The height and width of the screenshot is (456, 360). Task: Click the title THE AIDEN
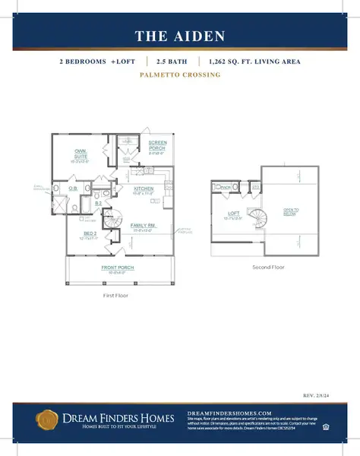tap(179, 36)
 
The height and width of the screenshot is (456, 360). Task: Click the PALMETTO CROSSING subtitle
tap(179, 75)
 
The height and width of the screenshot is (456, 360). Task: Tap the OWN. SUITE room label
tap(80, 154)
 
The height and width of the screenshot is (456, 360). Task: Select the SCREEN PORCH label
tap(157, 145)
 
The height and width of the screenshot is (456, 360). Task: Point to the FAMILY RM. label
tap(143, 225)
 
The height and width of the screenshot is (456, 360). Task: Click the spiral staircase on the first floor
tap(116, 213)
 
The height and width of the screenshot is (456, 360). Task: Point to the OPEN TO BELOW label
tap(290, 213)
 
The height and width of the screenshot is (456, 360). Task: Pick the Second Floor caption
tap(267, 268)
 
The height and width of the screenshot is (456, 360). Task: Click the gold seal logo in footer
tap(46, 418)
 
